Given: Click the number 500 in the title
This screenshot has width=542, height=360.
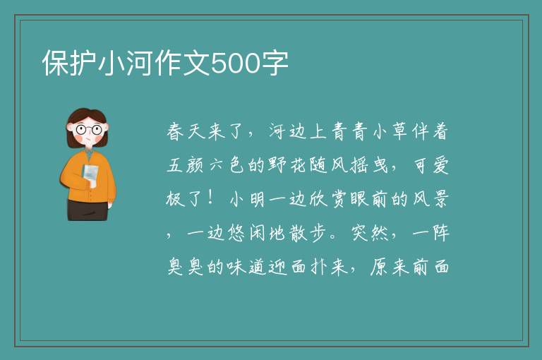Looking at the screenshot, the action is pos(236,63).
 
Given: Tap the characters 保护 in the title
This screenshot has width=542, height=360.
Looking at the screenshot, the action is pos(69,63).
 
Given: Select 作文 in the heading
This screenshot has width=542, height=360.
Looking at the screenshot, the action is pos(183,63).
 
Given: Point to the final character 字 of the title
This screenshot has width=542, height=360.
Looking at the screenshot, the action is pos(275,63).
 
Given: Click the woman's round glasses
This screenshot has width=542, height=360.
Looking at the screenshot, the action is pos(88,130).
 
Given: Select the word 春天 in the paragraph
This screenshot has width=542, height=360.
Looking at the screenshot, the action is pos(186,132).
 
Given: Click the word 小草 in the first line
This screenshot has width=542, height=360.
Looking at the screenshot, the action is pos(390,132).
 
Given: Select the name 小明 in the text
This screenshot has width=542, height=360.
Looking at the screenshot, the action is pos(247,199).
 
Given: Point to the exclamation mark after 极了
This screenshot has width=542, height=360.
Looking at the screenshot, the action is pos(211,199).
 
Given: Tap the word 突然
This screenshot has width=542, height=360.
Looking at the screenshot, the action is pos(369,233).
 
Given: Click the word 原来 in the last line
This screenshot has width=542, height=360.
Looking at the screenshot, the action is pos(389,267).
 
